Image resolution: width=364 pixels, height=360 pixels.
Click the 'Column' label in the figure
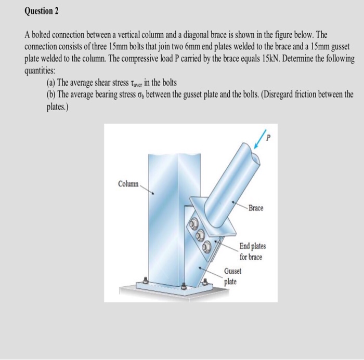click(128, 184)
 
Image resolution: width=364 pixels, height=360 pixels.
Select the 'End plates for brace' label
click(252, 251)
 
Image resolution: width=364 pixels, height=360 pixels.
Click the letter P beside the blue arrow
click(268, 138)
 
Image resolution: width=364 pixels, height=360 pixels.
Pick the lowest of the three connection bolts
click(206, 246)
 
